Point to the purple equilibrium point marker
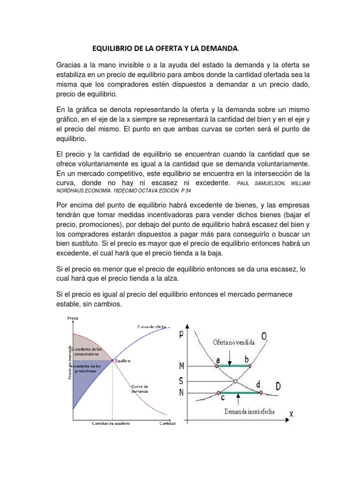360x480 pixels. click(x=112, y=360)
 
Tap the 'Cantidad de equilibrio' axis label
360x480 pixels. click(x=111, y=423)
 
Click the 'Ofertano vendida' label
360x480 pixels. click(x=233, y=343)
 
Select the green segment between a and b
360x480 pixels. click(x=233, y=366)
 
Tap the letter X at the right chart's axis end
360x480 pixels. click(x=291, y=413)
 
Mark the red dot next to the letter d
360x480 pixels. click(x=261, y=392)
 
